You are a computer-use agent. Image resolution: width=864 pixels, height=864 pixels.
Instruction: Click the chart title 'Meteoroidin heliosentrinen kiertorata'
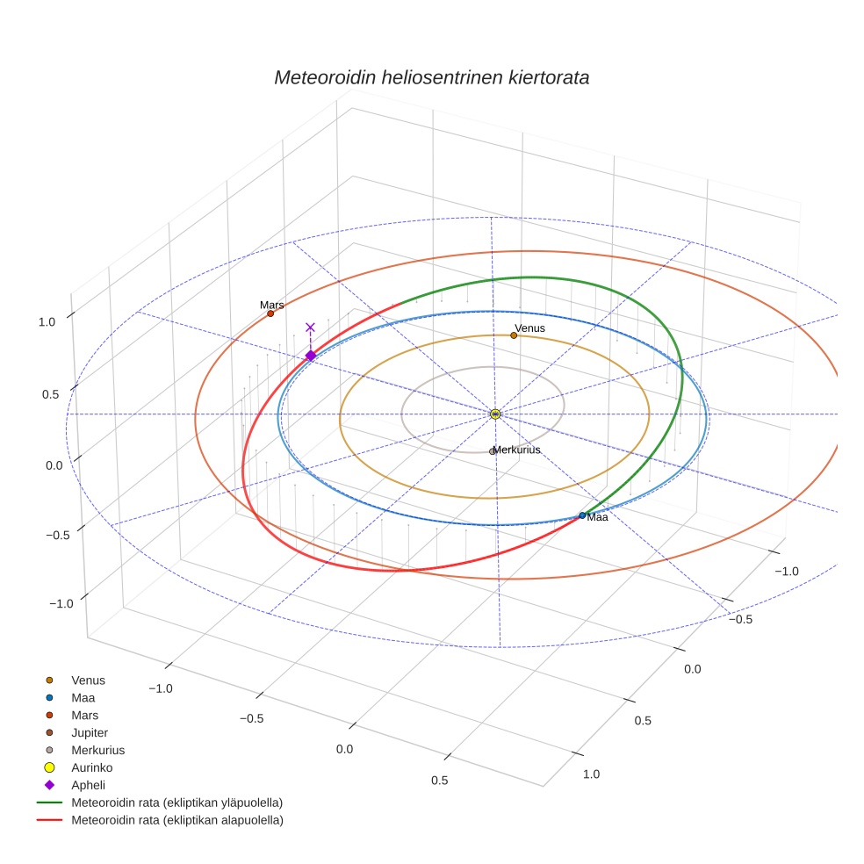(x=431, y=77)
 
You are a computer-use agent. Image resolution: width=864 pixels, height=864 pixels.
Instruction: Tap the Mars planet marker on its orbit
(x=270, y=313)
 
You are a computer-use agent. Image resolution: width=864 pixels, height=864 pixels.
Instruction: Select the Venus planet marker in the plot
(x=514, y=335)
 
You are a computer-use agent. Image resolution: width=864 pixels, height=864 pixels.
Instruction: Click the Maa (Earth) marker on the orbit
(x=582, y=515)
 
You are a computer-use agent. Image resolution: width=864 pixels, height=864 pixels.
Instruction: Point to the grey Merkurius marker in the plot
(x=493, y=451)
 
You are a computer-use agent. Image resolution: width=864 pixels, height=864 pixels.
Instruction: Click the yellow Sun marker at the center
(x=495, y=414)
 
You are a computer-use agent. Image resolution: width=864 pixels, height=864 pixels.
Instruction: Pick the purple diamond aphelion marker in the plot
(x=310, y=356)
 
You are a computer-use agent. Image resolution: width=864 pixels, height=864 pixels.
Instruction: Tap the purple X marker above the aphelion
(x=310, y=328)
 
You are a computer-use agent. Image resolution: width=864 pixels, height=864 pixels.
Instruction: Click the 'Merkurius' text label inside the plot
(x=517, y=450)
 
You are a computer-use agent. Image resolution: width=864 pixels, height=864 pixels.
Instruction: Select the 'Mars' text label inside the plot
(x=271, y=306)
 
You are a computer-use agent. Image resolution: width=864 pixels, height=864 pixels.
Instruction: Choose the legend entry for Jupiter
(x=90, y=732)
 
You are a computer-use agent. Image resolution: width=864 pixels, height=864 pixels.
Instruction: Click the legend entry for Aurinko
(x=91, y=767)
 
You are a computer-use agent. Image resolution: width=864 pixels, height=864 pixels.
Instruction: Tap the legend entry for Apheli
(x=88, y=785)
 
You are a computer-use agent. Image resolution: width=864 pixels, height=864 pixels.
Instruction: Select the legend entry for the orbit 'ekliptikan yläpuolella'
(x=176, y=803)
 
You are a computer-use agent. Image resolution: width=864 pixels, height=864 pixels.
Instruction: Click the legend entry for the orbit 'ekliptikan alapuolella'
(x=176, y=820)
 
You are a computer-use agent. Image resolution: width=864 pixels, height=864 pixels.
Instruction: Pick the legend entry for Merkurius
(x=97, y=750)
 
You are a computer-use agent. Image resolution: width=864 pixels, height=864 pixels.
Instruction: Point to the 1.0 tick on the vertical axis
(x=47, y=322)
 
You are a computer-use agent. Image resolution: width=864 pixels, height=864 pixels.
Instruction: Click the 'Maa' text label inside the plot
(x=598, y=518)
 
